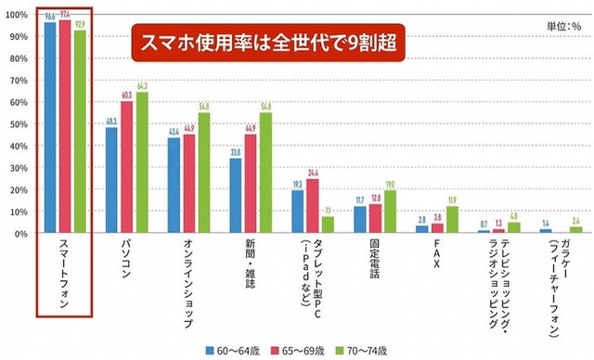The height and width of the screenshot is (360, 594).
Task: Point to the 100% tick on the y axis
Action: click(x=19, y=15)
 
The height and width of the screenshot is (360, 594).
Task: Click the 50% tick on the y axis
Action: click(x=20, y=124)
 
